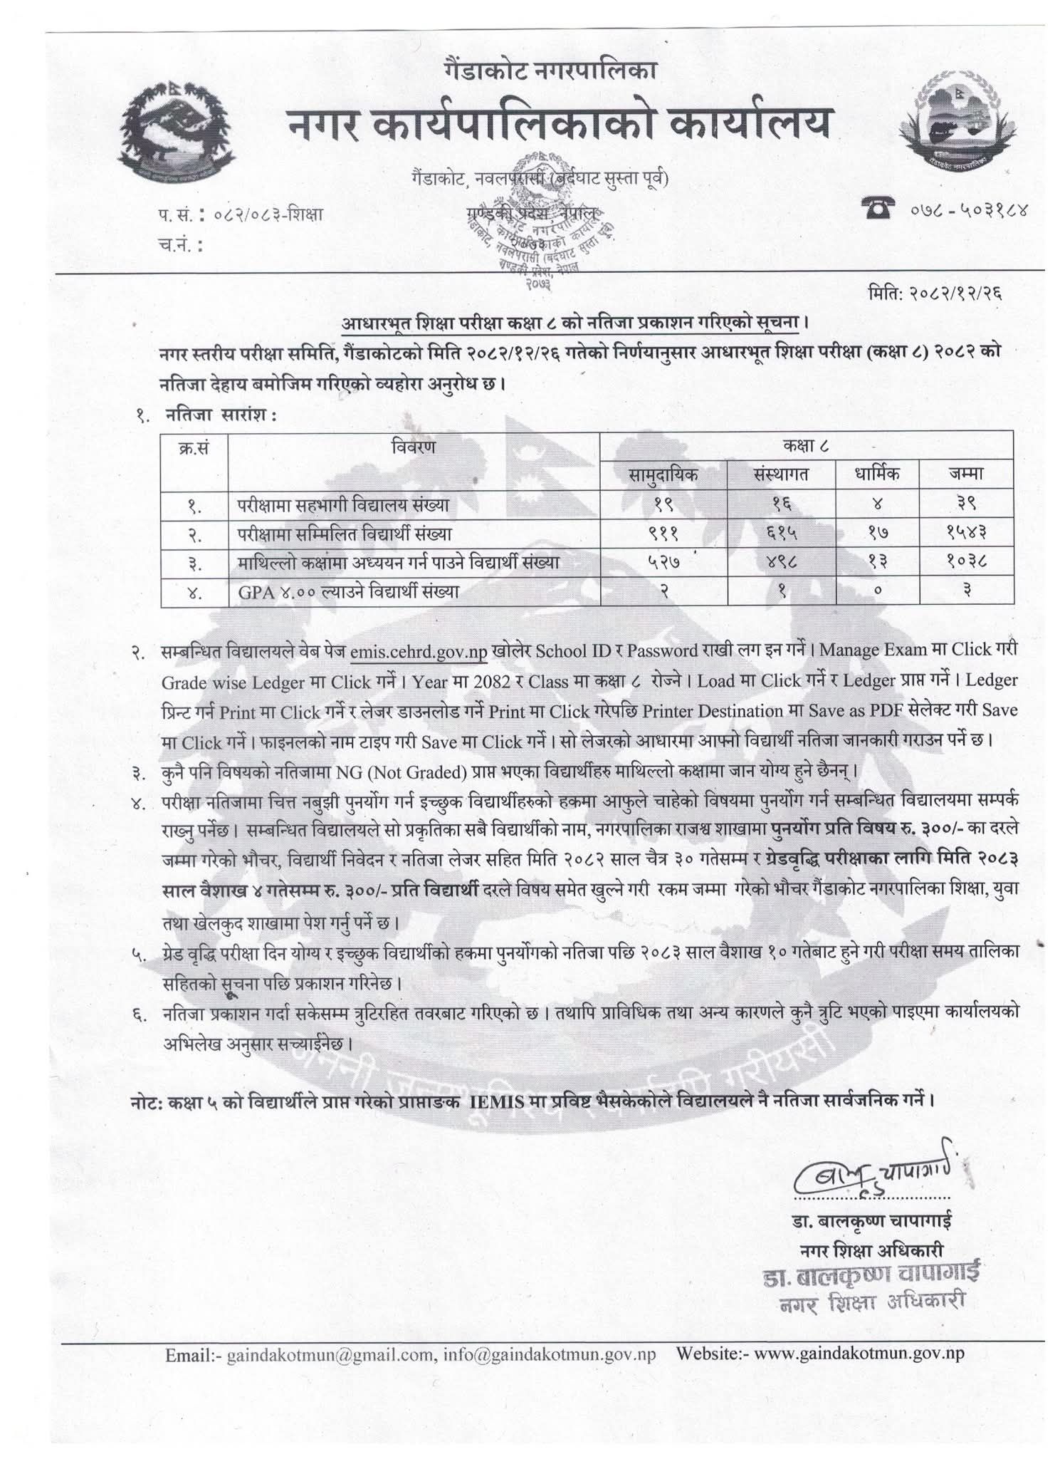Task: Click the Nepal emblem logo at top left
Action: click(x=176, y=130)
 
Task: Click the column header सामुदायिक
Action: click(x=663, y=474)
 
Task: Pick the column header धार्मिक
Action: click(x=878, y=474)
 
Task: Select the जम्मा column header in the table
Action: click(x=966, y=474)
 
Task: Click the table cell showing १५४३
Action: click(x=966, y=533)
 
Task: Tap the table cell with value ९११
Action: click(x=663, y=533)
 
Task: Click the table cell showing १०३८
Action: click(x=966, y=562)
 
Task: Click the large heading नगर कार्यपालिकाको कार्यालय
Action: click(x=559, y=122)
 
